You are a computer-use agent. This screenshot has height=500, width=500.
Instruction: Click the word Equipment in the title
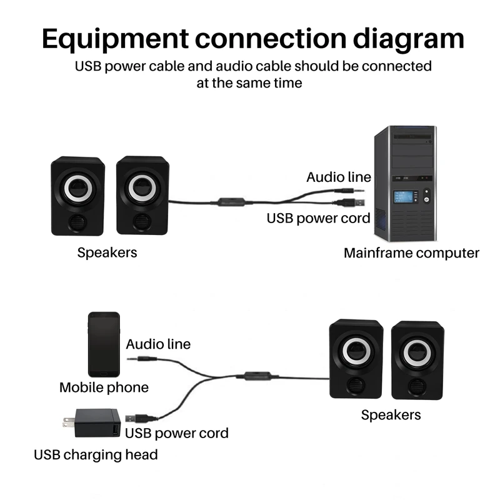pyautogui.click(x=115, y=39)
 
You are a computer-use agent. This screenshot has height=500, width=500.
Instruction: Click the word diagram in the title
pyautogui.click(x=409, y=39)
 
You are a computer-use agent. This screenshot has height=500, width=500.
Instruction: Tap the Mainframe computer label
pyautogui.click(x=411, y=253)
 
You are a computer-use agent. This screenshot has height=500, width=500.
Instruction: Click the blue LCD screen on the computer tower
pyautogui.click(x=403, y=196)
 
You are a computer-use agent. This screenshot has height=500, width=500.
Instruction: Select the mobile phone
pyautogui.click(x=104, y=344)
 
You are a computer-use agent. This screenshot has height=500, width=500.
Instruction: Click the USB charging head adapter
pyautogui.click(x=92, y=423)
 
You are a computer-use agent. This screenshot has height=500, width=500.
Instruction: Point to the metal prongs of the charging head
pyautogui.click(x=69, y=423)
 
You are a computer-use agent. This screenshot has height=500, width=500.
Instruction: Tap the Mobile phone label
pyautogui.click(x=104, y=387)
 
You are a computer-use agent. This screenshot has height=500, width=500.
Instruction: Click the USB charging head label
pyautogui.click(x=96, y=455)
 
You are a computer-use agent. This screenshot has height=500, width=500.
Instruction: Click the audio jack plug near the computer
pyautogui.click(x=349, y=191)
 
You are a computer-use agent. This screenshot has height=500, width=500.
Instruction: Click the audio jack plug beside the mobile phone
pyautogui.click(x=142, y=359)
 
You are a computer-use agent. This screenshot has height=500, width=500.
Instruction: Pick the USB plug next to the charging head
pyautogui.click(x=141, y=417)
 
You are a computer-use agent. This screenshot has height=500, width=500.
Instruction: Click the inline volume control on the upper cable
pyautogui.click(x=231, y=202)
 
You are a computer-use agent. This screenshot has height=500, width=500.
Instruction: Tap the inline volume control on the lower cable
pyautogui.click(x=257, y=376)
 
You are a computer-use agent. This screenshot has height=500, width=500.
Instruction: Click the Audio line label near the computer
pyautogui.click(x=339, y=177)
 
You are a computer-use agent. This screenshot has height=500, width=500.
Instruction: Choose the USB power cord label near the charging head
pyautogui.click(x=177, y=433)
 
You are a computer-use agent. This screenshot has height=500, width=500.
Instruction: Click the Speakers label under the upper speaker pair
pyautogui.click(x=107, y=253)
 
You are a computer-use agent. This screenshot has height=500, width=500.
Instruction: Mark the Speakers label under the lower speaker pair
pyautogui.click(x=391, y=415)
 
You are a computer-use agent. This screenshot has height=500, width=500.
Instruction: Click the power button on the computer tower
pyautogui.click(x=427, y=199)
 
